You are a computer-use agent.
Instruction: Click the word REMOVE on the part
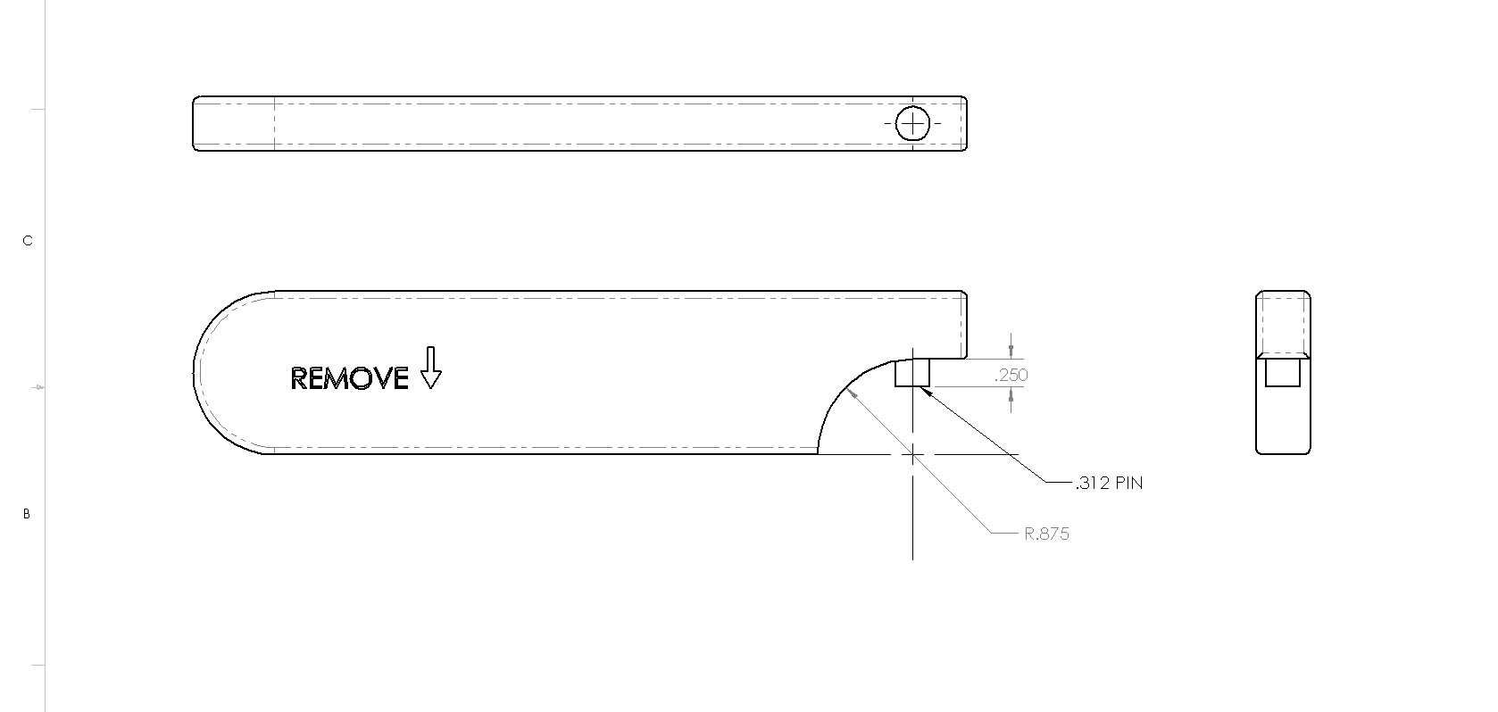tap(349, 378)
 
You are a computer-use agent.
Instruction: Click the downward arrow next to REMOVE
tap(430, 368)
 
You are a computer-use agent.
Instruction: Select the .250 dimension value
tap(1011, 375)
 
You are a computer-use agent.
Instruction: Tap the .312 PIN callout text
tap(1110, 483)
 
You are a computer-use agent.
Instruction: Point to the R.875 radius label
tap(1046, 534)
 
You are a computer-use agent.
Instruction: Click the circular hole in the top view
tap(912, 124)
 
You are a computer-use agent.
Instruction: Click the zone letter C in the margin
tap(28, 241)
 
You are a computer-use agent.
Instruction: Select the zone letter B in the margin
tap(27, 514)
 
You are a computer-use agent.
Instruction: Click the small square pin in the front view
tap(912, 373)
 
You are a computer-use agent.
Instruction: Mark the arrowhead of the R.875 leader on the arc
tap(852, 394)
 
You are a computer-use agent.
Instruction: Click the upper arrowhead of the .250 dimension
tap(1011, 352)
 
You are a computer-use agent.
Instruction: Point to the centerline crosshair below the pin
tap(912, 455)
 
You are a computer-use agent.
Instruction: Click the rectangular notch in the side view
tap(1283, 373)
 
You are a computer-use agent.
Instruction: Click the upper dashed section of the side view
tap(1283, 324)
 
